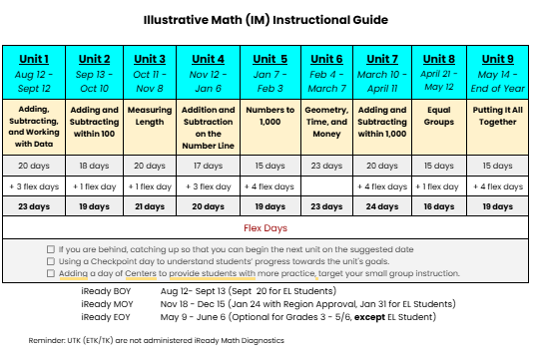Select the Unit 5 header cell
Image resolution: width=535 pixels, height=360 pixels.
pos(269,71)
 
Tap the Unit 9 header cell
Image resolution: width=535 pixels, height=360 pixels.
pos(496,71)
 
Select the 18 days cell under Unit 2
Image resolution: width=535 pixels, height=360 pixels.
pos(93,166)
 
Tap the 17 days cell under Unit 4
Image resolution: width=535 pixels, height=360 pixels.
pos(208,166)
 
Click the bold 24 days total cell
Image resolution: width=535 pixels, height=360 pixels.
pos(382,206)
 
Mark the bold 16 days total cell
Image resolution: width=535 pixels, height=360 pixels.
pos(438,206)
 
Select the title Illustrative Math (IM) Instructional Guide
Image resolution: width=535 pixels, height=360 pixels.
pos(266,19)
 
